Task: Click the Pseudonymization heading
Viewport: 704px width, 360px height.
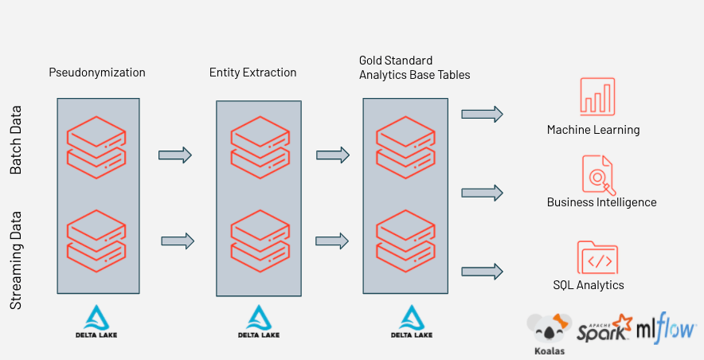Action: pyautogui.click(x=97, y=72)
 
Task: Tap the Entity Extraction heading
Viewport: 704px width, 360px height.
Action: pyautogui.click(x=252, y=72)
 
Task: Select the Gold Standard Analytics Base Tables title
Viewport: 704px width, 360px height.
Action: pyautogui.click(x=414, y=68)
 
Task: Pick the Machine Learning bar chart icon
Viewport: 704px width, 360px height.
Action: pyautogui.click(x=597, y=97)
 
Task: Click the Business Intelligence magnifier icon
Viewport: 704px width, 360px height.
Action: pyautogui.click(x=598, y=174)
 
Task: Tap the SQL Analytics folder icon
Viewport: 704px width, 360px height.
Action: pyautogui.click(x=597, y=257)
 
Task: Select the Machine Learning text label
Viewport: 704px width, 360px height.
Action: pyautogui.click(x=593, y=130)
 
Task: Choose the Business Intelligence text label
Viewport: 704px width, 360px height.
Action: pyautogui.click(x=601, y=202)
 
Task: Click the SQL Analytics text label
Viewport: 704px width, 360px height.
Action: pyautogui.click(x=589, y=285)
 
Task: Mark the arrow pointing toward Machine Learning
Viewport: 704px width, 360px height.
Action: pyautogui.click(x=482, y=115)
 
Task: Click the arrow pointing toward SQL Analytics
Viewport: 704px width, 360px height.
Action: pyautogui.click(x=482, y=272)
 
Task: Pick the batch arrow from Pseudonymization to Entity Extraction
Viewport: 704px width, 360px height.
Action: pyautogui.click(x=175, y=155)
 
